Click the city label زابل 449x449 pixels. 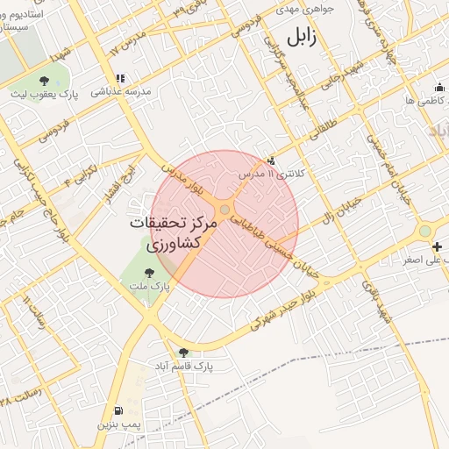(x=299, y=37)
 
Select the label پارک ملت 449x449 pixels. (x=153, y=286)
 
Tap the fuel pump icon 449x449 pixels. (x=118, y=410)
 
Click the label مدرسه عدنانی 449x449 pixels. (x=126, y=91)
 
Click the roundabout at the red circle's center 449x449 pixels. (x=225, y=210)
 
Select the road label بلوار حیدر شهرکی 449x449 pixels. (x=280, y=307)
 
